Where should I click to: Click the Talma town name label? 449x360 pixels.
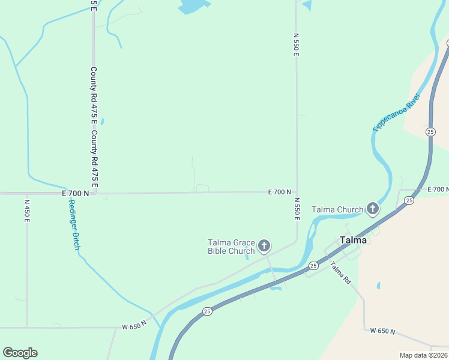click(353, 240)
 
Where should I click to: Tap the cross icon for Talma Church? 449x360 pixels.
click(372, 209)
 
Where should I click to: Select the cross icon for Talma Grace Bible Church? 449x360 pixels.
click(264, 245)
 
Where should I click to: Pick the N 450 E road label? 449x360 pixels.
click(27, 211)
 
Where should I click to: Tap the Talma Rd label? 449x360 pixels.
click(340, 274)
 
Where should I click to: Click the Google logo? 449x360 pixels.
click(20, 353)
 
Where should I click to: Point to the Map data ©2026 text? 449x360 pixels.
click(423, 355)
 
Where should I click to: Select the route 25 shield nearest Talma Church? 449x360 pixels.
click(409, 201)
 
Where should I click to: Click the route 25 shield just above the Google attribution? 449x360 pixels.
click(207, 311)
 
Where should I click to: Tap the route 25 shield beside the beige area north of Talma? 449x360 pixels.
click(430, 131)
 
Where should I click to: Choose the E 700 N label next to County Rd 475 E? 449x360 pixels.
click(75, 193)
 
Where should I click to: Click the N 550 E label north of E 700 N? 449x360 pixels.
click(296, 45)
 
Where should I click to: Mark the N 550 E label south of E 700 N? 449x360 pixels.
click(296, 208)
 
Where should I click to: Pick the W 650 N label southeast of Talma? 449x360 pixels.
click(382, 331)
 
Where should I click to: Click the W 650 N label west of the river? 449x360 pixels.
click(134, 326)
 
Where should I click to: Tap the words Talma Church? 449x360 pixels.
click(337, 209)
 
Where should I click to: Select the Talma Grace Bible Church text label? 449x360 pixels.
click(231, 247)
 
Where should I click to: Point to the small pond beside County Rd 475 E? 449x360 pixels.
click(102, 122)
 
